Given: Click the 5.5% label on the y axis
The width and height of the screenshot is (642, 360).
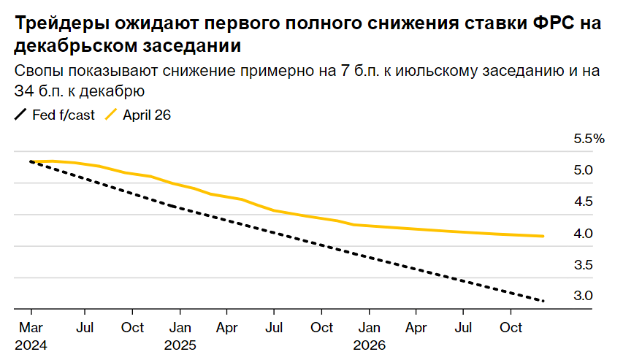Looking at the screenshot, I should click(x=589, y=139).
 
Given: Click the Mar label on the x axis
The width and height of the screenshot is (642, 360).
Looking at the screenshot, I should click(x=30, y=328).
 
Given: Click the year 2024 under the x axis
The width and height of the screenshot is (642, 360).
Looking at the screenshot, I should click(x=30, y=344).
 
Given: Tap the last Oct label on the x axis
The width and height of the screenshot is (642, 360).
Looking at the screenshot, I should click(x=511, y=328).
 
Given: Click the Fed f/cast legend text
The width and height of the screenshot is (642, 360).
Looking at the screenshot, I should click(x=64, y=115).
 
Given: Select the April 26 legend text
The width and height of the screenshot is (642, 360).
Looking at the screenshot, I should click(x=147, y=115).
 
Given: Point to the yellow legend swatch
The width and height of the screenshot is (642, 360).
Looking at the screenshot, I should click(x=112, y=115).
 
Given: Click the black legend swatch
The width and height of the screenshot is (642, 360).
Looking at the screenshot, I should click(x=21, y=115).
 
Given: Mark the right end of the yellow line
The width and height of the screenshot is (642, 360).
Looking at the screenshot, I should click(x=543, y=236).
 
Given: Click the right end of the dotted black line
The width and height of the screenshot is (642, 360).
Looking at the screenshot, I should click(x=543, y=301).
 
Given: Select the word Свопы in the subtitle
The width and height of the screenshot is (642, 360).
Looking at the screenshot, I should click(x=36, y=72).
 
